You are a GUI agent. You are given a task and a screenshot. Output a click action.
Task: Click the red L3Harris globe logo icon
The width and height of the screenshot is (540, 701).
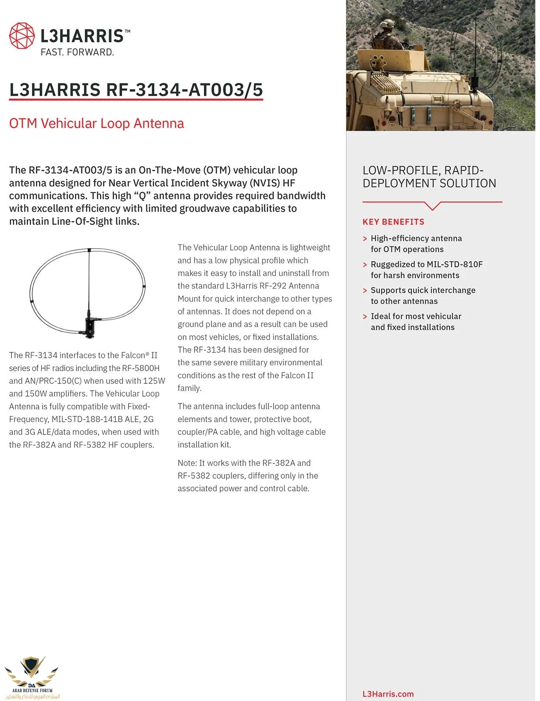point(22,36)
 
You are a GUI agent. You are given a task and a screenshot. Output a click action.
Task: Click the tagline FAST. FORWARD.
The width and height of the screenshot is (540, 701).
point(77,52)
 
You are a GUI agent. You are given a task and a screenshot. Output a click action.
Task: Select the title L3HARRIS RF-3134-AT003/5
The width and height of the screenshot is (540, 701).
point(136,90)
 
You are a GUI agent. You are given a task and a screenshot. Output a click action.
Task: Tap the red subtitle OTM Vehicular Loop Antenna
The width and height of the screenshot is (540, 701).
point(97,123)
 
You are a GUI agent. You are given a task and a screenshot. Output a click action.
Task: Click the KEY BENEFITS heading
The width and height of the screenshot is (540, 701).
point(393,222)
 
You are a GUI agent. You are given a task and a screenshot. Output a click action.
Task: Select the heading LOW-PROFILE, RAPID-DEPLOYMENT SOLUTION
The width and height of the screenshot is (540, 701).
point(429,177)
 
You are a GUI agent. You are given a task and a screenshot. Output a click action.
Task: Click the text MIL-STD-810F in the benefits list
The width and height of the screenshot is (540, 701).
point(454,264)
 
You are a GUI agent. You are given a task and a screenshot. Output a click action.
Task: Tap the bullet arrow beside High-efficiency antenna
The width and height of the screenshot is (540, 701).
point(365,239)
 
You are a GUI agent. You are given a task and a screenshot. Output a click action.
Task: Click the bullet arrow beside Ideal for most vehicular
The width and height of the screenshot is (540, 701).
point(365,317)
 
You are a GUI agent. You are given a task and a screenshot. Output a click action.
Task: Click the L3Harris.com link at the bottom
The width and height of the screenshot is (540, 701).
point(388,694)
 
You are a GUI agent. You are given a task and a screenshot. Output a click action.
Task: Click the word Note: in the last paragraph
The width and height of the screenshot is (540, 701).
point(187,463)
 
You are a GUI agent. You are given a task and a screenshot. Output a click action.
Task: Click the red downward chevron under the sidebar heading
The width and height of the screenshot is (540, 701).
point(432,206)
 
